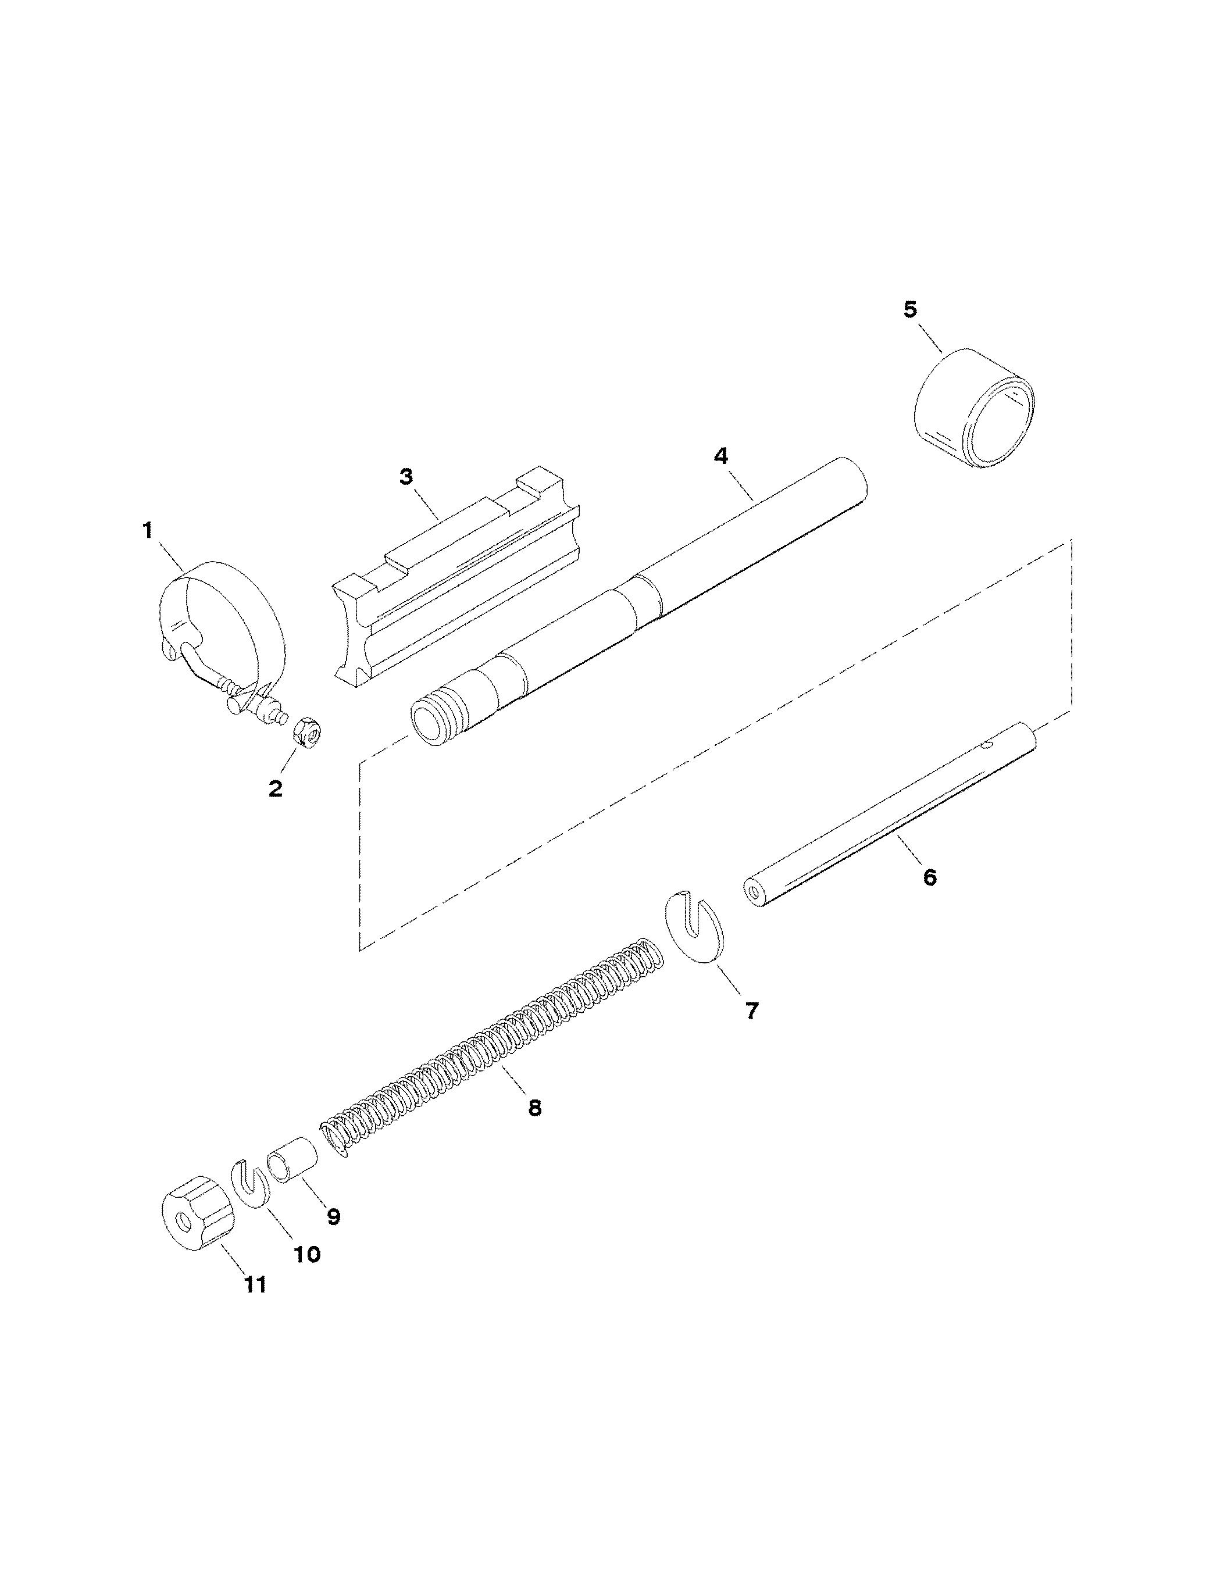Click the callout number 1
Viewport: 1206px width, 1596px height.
click(147, 531)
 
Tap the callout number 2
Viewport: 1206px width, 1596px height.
click(275, 788)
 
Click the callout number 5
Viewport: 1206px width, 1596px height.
click(910, 309)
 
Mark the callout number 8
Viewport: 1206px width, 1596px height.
click(534, 1108)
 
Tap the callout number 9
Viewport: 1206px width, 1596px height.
click(333, 1216)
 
